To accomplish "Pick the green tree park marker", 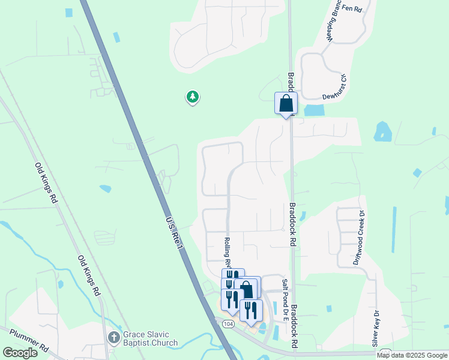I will click(192, 97).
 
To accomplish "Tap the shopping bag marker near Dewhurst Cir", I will click(286, 103).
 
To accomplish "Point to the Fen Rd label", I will click(353, 8).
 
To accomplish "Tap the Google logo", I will click(20, 353).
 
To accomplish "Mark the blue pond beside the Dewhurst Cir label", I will click(314, 110).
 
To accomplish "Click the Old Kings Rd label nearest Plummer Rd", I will click(88, 275).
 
